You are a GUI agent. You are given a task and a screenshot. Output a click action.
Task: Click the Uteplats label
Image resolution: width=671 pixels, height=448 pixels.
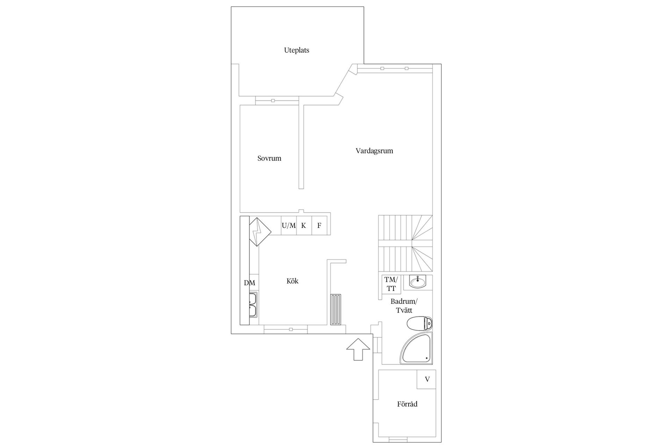tap(296, 50)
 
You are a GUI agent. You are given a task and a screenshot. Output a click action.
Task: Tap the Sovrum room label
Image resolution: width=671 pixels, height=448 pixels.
tap(269, 159)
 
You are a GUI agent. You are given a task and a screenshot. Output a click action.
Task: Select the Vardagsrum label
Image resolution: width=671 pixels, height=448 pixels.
tap(374, 151)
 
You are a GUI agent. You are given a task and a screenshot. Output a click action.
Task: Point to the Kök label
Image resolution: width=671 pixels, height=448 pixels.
tap(292, 281)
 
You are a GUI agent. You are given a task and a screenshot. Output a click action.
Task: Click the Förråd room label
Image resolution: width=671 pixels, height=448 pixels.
tap(407, 404)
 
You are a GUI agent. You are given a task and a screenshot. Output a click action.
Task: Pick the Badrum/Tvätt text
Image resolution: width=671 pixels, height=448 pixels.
tap(404, 306)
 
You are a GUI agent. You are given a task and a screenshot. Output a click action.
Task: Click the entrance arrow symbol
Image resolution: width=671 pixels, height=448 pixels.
tap(358, 354)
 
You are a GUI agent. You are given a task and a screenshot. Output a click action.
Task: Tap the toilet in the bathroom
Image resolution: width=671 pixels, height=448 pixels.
tap(420, 323)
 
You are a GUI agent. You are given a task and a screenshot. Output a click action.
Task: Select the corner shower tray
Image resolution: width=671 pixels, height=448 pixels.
tap(417, 349)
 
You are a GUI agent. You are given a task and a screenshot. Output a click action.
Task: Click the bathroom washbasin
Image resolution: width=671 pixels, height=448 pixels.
tap(417, 282)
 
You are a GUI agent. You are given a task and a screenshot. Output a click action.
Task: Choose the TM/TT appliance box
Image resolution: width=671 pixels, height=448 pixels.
tap(391, 284)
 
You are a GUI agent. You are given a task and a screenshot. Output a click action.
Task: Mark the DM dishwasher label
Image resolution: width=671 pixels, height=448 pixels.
tap(250, 283)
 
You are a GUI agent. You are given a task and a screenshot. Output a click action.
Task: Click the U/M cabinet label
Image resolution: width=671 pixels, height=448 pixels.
tap(289, 226)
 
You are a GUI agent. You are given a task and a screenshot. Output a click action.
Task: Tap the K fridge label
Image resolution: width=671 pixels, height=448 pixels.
tap(303, 226)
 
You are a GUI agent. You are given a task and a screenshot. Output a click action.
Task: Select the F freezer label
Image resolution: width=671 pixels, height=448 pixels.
tap(319, 226)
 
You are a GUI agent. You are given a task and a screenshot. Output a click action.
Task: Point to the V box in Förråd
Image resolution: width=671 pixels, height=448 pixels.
tap(427, 379)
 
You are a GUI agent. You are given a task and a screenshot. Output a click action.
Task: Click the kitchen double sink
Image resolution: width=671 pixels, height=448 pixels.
tap(253, 304)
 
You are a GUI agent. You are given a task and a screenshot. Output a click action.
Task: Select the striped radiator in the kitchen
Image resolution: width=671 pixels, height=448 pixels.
tap(336, 309)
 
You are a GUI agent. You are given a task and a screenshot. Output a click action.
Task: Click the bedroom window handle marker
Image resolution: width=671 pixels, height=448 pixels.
tap(273, 101)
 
